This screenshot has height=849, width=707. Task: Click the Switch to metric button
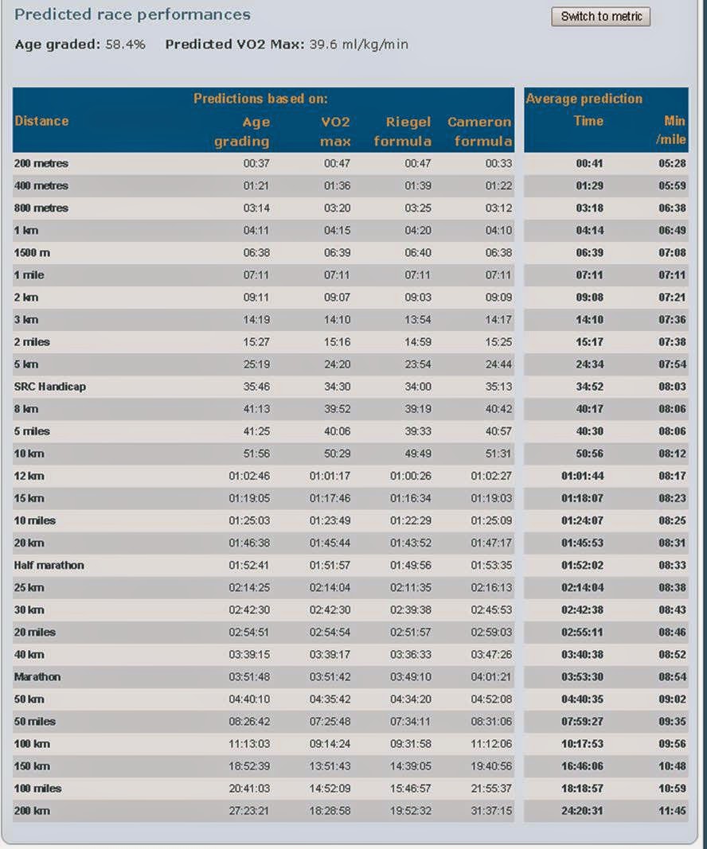pos(601,16)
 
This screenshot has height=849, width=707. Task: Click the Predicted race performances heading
pos(132,14)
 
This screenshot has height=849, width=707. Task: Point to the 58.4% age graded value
pos(125,45)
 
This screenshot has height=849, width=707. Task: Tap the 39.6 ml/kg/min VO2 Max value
pos(358,45)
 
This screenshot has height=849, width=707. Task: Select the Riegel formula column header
pos(403,131)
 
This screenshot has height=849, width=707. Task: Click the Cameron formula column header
pos(479,131)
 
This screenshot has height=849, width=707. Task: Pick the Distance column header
pos(41,121)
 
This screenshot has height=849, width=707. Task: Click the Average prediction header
pos(584,99)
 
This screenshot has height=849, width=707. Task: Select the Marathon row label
pos(37,677)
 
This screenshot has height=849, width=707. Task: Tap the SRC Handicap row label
pos(50,387)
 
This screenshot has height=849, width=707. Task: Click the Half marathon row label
pos(49,565)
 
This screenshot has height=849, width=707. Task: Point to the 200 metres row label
pos(41,164)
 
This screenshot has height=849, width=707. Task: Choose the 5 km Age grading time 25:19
pos(256,364)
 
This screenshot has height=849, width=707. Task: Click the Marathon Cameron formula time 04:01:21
pos(491,677)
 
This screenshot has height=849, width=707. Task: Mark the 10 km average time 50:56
pos(589,454)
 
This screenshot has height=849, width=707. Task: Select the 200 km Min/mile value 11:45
pos(672,811)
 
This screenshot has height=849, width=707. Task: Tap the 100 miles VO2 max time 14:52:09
pos(330,789)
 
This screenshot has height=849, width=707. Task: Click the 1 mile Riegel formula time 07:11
pos(418,275)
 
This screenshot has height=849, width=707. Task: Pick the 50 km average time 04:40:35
pos(582,699)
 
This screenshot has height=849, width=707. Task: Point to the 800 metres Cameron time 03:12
pos(498,208)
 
